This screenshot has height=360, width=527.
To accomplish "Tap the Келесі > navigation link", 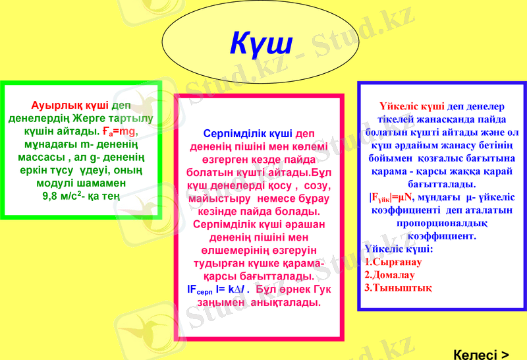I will point(482,354).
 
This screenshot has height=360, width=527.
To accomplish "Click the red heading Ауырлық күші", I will point(70,105).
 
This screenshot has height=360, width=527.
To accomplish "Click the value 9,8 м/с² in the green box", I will point(61,196).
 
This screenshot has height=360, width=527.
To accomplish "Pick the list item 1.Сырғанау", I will point(393,262).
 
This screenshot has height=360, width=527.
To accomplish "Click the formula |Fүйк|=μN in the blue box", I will point(390,196).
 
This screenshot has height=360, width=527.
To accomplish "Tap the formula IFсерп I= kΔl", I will point(218,289).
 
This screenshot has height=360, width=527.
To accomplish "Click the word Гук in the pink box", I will point(319,289).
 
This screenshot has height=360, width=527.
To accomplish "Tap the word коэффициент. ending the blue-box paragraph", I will point(441,235).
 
